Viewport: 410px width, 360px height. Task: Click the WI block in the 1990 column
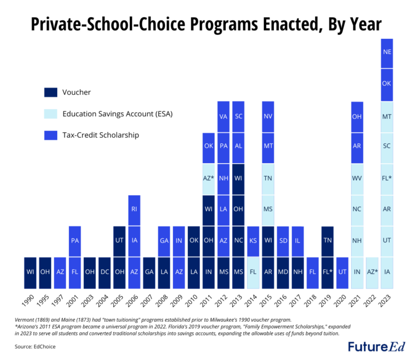point(30,272)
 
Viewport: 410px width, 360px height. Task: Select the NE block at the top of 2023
point(387,52)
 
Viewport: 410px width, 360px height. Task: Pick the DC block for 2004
point(105,272)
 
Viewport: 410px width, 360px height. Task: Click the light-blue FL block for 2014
point(254,272)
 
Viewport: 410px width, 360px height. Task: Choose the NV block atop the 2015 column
point(269,116)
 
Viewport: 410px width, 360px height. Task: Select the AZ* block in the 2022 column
point(372,272)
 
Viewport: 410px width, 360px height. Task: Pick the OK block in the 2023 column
point(387,84)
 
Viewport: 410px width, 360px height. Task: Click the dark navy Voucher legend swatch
point(51,92)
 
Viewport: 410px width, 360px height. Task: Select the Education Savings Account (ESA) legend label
point(117,114)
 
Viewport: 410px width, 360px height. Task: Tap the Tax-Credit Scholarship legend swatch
point(51,135)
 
